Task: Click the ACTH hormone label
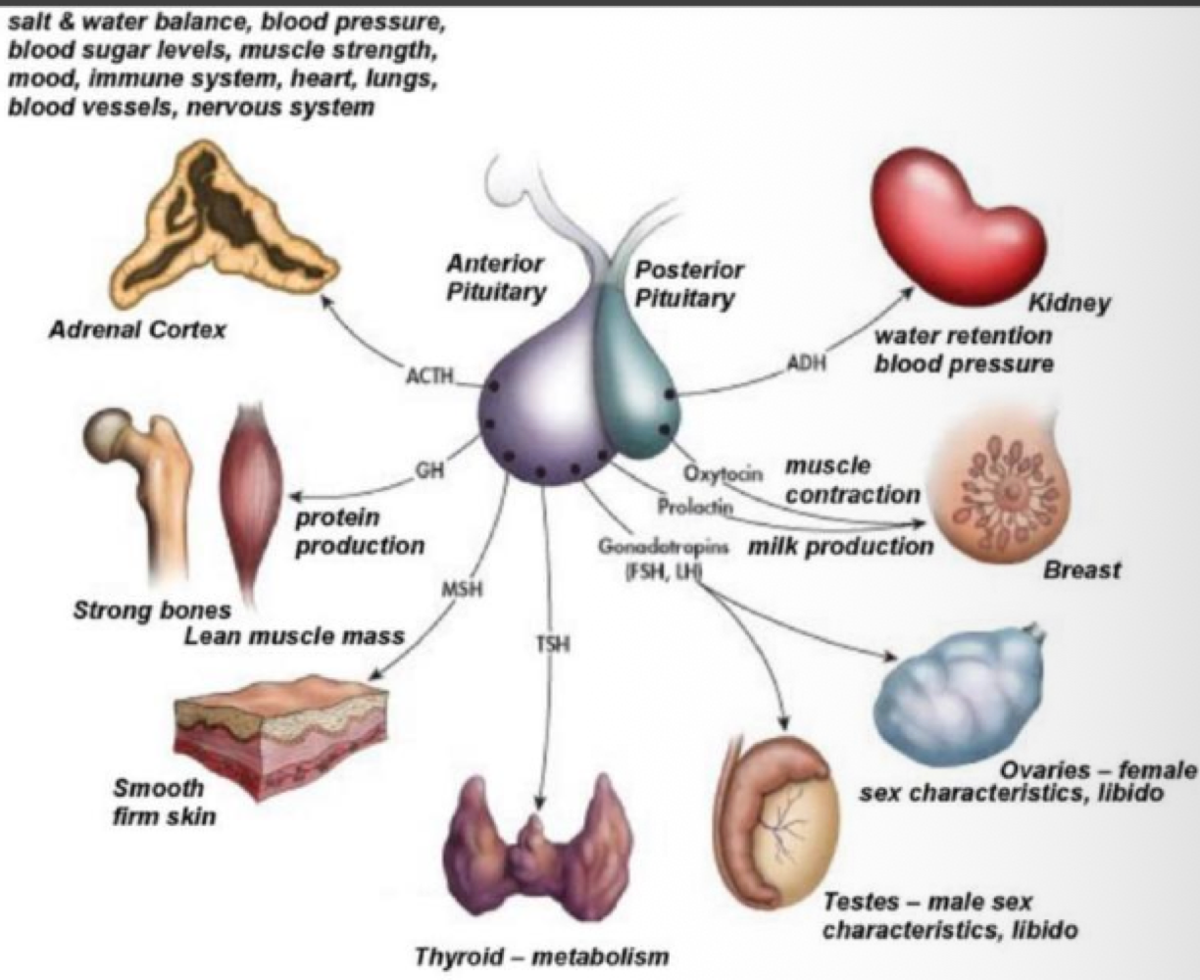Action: tap(428, 374)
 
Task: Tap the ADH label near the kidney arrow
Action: tap(806, 365)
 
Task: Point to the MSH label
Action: tap(460, 590)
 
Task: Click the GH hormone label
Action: tap(429, 469)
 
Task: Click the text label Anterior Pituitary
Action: tap(496, 278)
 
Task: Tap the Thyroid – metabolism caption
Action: tap(541, 955)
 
